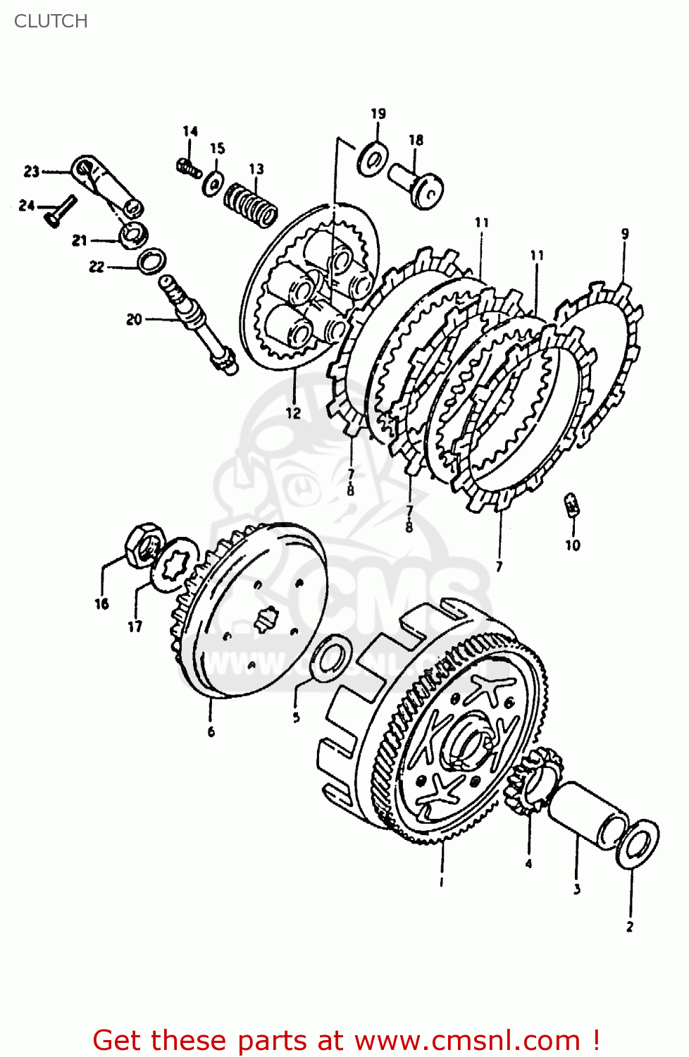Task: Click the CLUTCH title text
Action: click(x=51, y=21)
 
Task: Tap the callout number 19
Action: click(x=378, y=113)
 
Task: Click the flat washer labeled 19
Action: click(x=372, y=159)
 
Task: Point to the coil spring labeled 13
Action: click(x=251, y=204)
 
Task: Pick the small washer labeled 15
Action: click(x=213, y=185)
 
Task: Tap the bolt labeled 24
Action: click(x=61, y=211)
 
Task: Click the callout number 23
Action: click(x=32, y=171)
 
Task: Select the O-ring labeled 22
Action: click(x=151, y=261)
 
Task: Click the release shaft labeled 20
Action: click(x=199, y=324)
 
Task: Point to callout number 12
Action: click(x=293, y=413)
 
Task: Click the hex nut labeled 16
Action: click(x=144, y=545)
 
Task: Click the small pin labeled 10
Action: click(x=573, y=505)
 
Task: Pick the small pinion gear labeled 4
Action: click(x=534, y=780)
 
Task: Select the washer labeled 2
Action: click(x=638, y=843)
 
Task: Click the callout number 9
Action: click(x=624, y=234)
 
